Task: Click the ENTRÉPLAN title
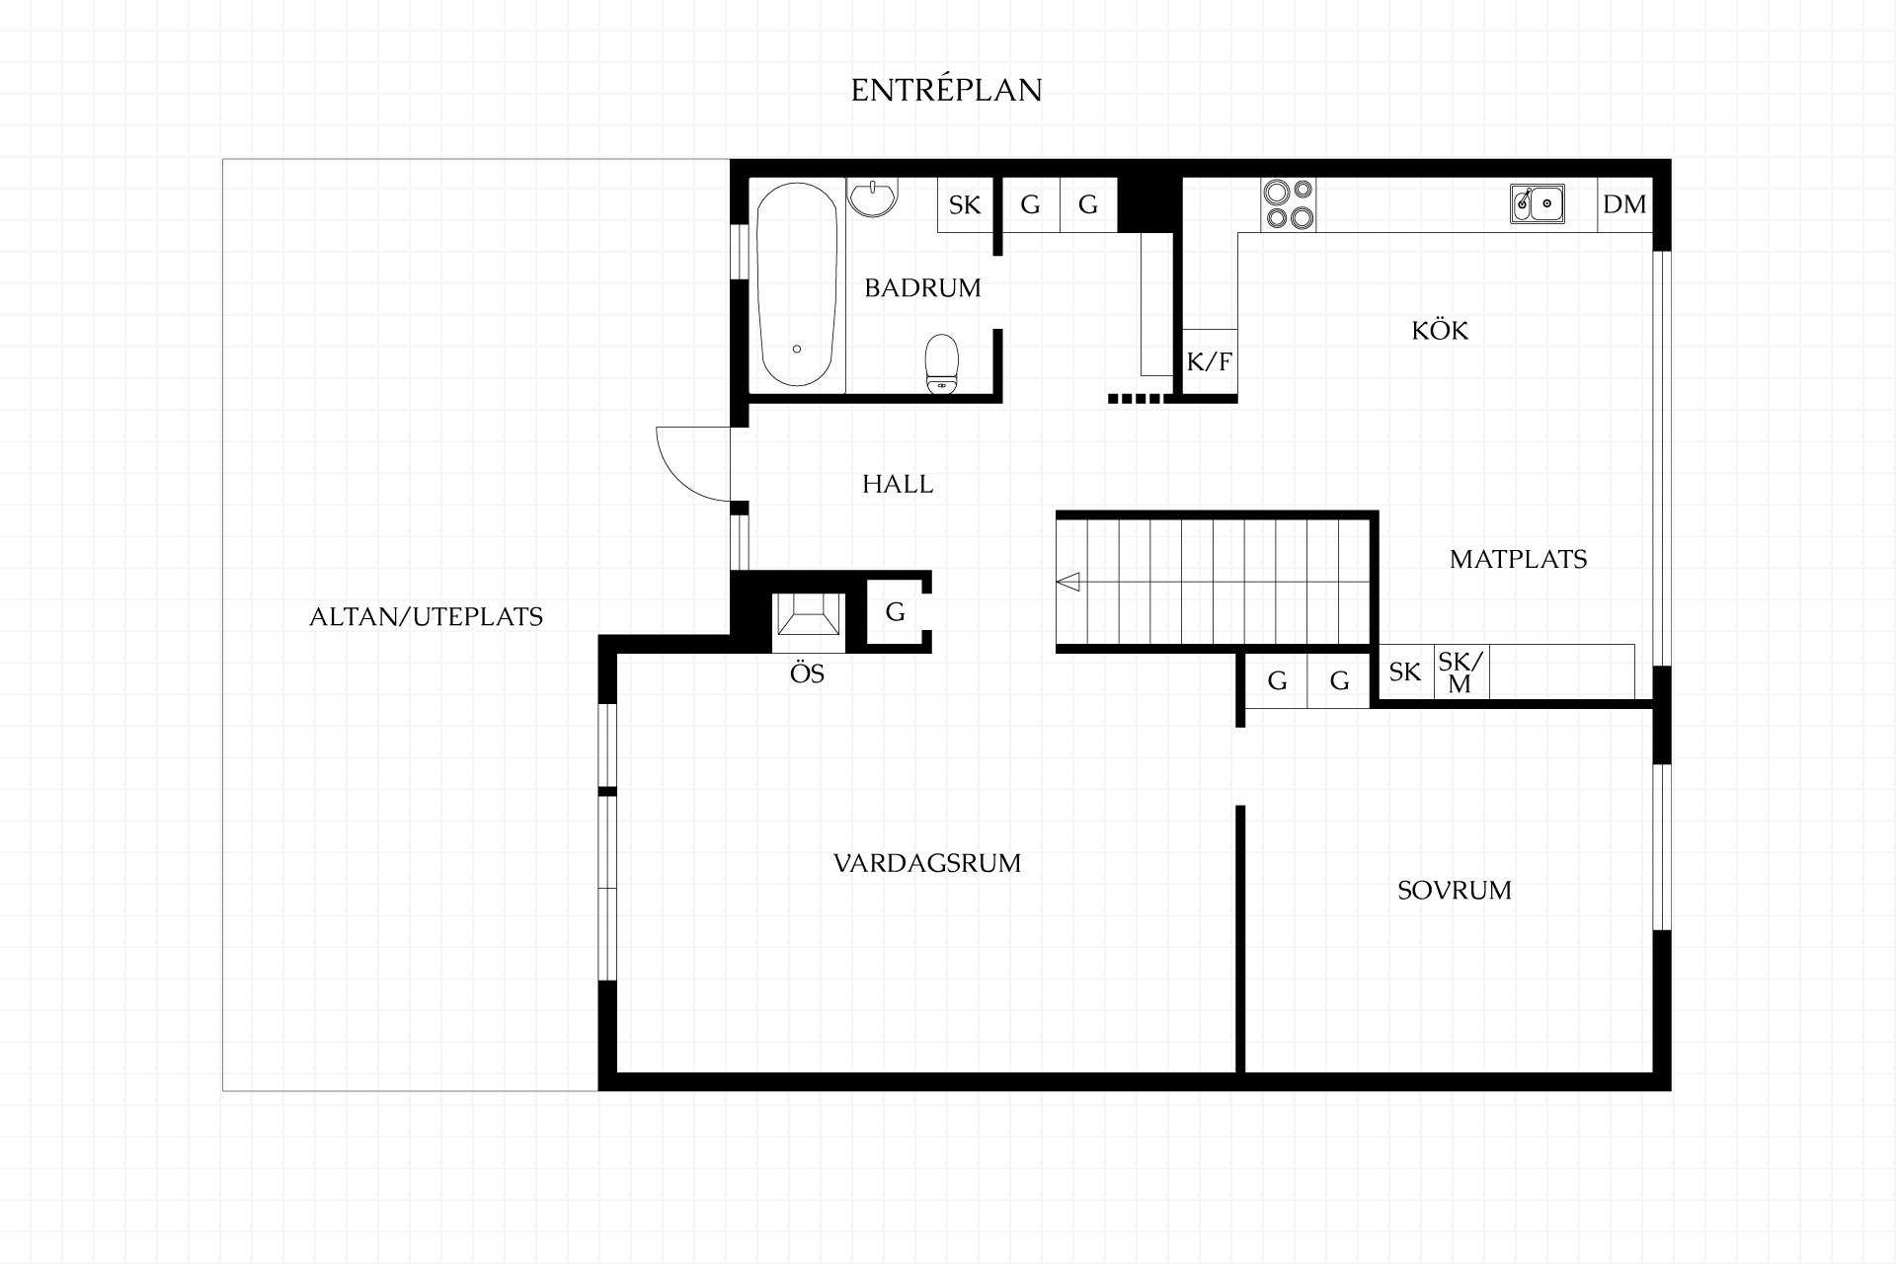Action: pyautogui.click(x=946, y=90)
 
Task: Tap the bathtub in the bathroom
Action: pyautogui.click(x=797, y=285)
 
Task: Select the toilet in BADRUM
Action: pyautogui.click(x=942, y=364)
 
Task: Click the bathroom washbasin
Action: pyautogui.click(x=873, y=197)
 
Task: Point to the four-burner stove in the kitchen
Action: pyautogui.click(x=1289, y=204)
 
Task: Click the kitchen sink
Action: pyautogui.click(x=1538, y=204)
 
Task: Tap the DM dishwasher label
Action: pyautogui.click(x=1624, y=204)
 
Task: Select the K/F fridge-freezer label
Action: pyautogui.click(x=1210, y=361)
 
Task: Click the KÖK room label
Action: pyautogui.click(x=1440, y=330)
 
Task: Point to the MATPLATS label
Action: pyautogui.click(x=1518, y=559)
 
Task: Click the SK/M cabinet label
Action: pyautogui.click(x=1461, y=671)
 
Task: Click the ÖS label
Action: pyautogui.click(x=807, y=674)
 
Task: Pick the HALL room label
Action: pyautogui.click(x=898, y=484)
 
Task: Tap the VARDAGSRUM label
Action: pyautogui.click(x=927, y=863)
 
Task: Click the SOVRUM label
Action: pyautogui.click(x=1455, y=891)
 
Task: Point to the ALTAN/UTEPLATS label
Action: pyautogui.click(x=427, y=617)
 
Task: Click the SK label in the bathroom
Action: pyautogui.click(x=965, y=204)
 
